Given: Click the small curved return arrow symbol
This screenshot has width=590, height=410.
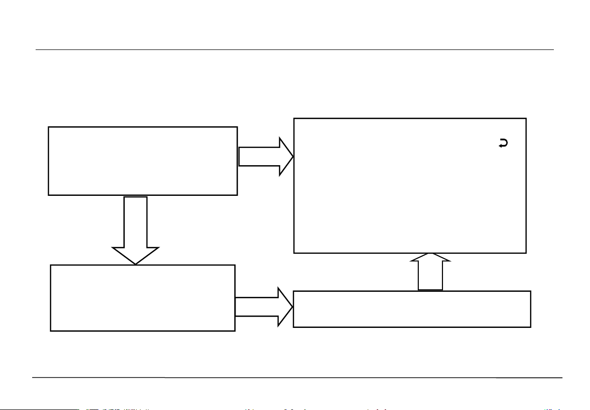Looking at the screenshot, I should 503,143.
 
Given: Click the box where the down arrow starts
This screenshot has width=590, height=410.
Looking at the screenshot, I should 143,161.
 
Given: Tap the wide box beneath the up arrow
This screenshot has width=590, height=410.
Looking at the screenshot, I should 412,309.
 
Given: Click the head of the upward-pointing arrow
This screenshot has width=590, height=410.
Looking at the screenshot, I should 430,258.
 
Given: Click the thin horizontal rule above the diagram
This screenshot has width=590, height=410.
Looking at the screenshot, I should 295,49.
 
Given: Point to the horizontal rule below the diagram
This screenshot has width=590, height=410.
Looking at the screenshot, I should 297,378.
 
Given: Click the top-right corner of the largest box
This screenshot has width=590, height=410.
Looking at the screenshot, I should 526,119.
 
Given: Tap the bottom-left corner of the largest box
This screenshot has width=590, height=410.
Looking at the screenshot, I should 294,253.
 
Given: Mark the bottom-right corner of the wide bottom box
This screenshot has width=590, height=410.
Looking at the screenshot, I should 531,327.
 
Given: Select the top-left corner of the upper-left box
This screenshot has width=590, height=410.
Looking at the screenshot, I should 49,127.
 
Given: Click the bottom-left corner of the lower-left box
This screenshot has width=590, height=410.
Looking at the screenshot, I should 51,330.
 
